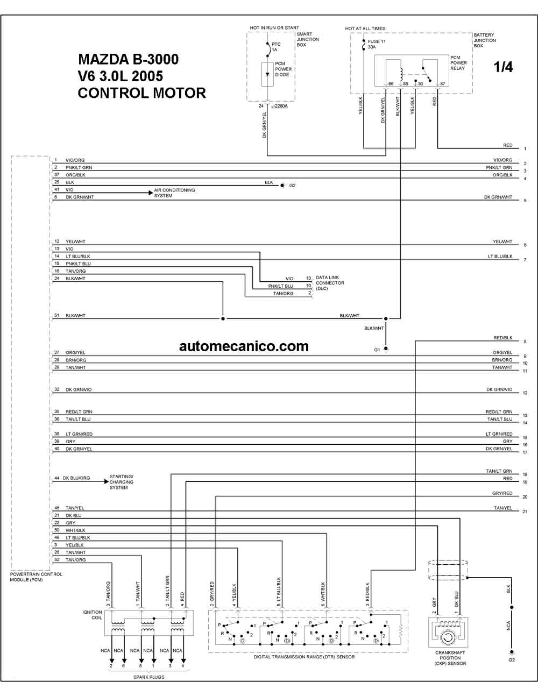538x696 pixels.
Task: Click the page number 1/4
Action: [x=503, y=67]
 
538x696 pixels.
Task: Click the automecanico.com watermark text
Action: [x=244, y=346]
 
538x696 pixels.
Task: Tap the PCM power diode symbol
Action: [x=267, y=75]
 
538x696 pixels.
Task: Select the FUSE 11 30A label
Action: [x=377, y=44]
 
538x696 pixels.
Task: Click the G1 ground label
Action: [x=377, y=350]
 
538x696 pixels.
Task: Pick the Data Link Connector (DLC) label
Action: [x=330, y=283]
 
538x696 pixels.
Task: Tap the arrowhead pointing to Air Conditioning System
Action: [x=151, y=193]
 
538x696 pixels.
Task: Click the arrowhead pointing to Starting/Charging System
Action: [x=107, y=481]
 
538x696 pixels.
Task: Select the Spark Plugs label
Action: [x=148, y=677]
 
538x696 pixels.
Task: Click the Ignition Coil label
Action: [x=92, y=615]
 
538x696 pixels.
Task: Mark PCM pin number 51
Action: [x=56, y=315]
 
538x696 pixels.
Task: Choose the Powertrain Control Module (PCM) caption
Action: [x=36, y=577]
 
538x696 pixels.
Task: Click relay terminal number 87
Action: [x=443, y=83]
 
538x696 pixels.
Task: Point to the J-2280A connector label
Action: [x=279, y=106]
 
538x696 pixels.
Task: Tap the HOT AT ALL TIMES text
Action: [x=365, y=29]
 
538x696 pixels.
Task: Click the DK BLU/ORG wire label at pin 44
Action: [x=76, y=478]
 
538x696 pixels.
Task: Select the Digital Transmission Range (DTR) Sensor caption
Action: [x=304, y=657]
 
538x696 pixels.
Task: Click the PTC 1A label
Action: [x=275, y=47]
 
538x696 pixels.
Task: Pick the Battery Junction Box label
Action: [x=485, y=40]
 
